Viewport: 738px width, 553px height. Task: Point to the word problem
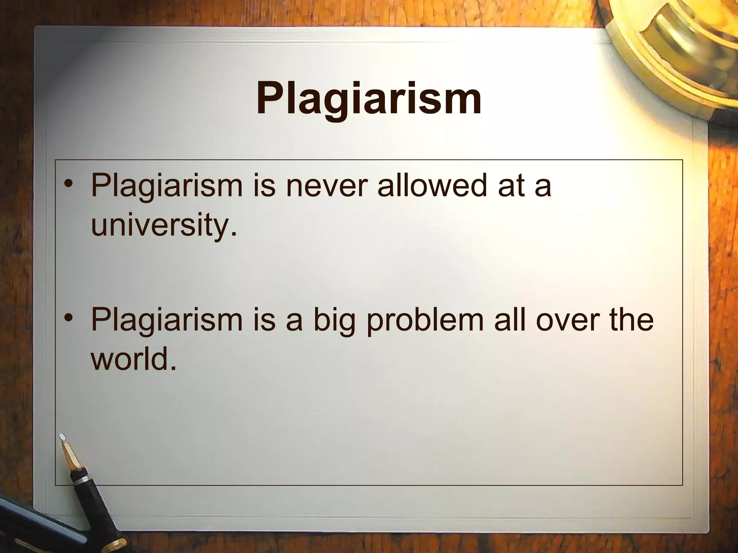pyautogui.click(x=425, y=320)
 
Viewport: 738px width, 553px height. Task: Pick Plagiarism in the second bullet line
pyautogui.click(x=167, y=320)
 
